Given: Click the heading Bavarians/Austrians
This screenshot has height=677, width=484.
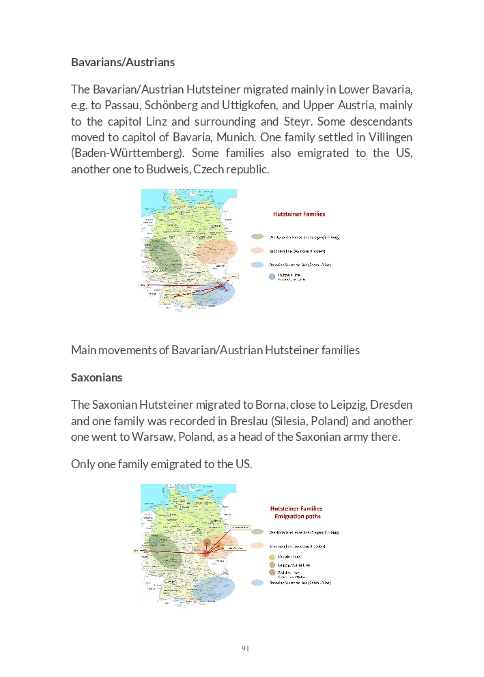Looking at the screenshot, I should [123, 62].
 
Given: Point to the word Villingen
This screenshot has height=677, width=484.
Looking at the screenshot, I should [384, 137].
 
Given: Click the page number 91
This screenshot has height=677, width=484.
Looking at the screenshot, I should [245, 648].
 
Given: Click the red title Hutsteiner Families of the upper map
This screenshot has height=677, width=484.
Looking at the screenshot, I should [299, 214].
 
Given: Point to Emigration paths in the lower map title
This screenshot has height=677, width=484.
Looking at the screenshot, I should [297, 517].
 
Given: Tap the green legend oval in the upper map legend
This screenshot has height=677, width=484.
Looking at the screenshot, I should [257, 237].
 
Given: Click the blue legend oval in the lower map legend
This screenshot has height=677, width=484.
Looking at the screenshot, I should [257, 583].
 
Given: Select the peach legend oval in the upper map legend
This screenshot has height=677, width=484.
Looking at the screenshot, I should [257, 250].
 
